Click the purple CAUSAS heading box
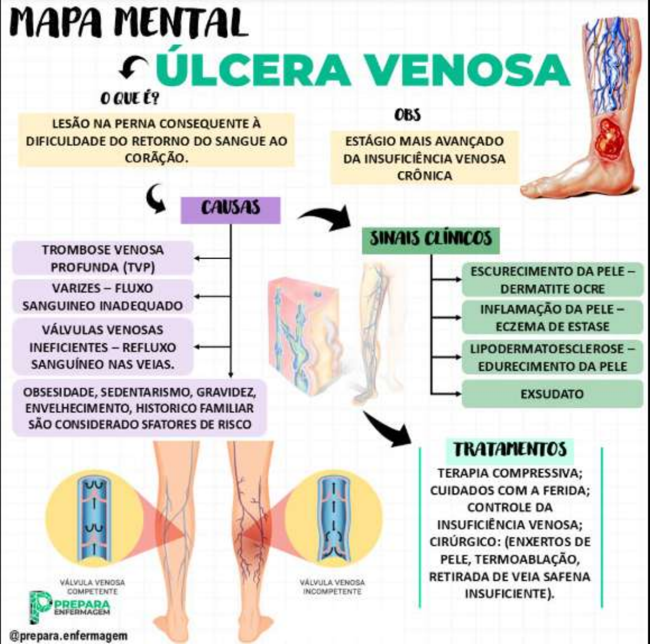tap(230, 209)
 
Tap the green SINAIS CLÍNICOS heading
tap(430, 239)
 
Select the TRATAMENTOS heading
tap(510, 450)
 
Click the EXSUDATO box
tap(552, 394)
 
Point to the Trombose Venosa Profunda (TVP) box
tap(103, 259)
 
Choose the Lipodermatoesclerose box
tap(552, 358)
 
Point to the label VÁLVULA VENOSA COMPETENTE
tap(92, 587)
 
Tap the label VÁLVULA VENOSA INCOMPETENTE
tap(332, 587)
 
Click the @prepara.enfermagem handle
tap(68, 636)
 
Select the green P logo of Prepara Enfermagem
tap(40, 607)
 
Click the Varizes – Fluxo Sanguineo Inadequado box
tap(103, 297)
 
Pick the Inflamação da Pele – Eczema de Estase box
tap(552, 318)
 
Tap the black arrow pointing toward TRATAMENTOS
tap(388, 429)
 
